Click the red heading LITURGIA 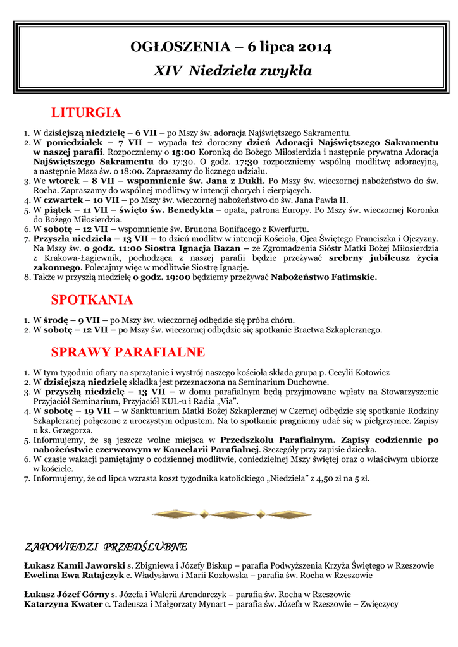(85, 113)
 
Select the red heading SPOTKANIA (92, 299)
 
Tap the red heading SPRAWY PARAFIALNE (128, 352)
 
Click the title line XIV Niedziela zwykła (232, 71)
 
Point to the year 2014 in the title (314, 47)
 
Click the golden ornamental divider (232, 512)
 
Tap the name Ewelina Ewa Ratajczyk (73, 576)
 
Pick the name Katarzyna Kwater (63, 605)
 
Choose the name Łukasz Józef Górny (66, 595)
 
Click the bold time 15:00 (183, 152)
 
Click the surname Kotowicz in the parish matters (368, 372)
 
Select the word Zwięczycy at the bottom (377, 605)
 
